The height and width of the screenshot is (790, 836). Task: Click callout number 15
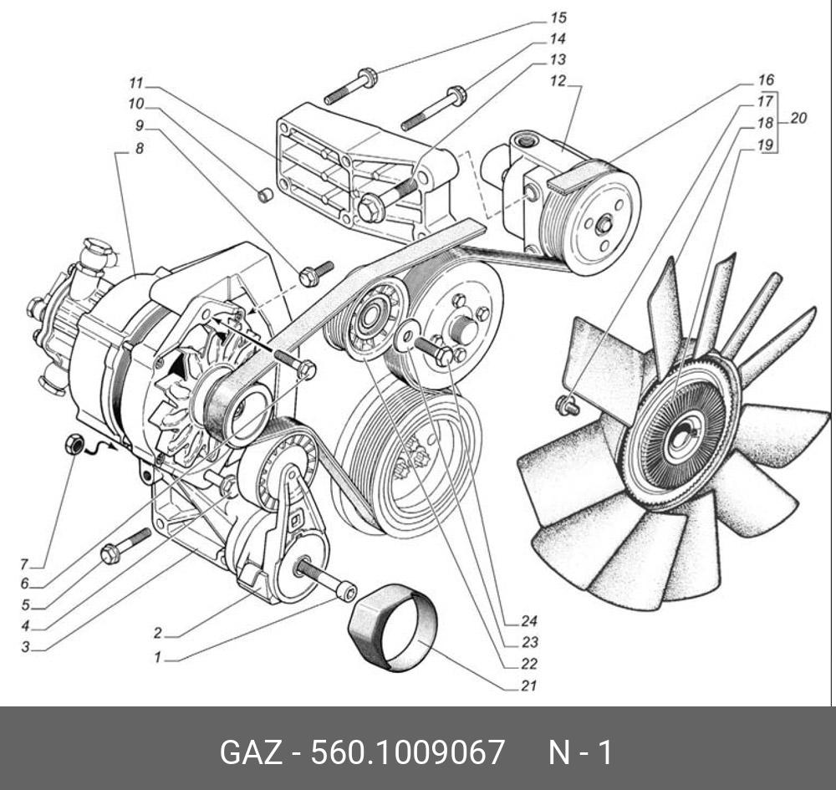pos(558,18)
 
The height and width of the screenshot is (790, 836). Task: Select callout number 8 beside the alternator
pos(139,148)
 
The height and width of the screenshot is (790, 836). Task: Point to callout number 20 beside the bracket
pos(798,119)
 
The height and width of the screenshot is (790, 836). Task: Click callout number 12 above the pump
pos(558,81)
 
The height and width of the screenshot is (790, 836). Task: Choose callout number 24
pos(528,621)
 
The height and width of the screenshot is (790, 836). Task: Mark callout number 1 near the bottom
pos(156,658)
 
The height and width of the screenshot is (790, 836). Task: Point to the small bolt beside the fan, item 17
pos(568,406)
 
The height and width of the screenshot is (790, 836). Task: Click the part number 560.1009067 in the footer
pos(408,752)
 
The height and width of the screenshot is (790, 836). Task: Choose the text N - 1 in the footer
pos(579,752)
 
